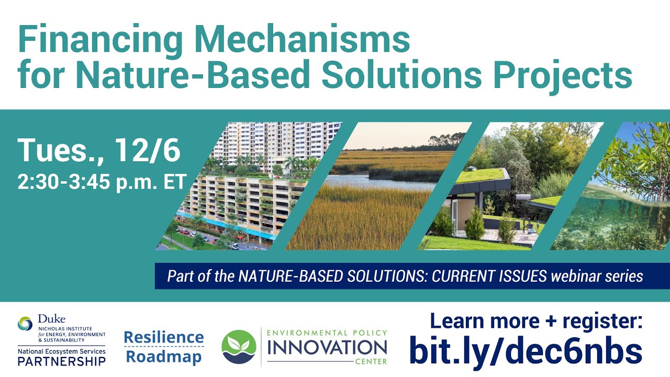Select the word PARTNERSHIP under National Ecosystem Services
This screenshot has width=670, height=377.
tap(61, 361)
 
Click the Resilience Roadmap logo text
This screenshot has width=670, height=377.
tap(164, 347)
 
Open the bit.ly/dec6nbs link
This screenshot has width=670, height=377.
tap(525, 351)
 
